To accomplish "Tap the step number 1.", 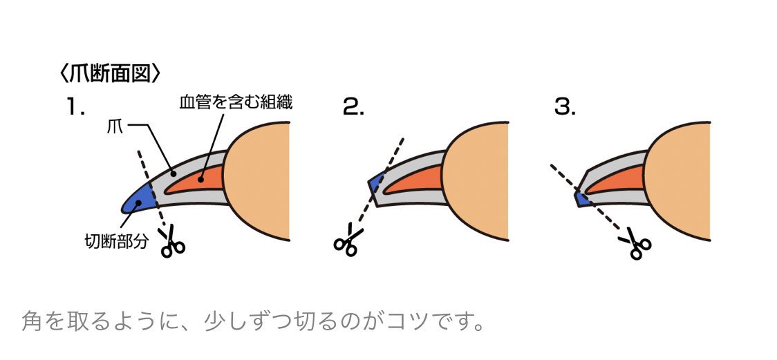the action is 75,106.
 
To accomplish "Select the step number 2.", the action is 353,106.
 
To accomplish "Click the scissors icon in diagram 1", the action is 172,244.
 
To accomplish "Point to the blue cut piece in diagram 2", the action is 376,184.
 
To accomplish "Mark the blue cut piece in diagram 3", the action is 582,199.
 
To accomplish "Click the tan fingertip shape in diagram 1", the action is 259,180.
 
